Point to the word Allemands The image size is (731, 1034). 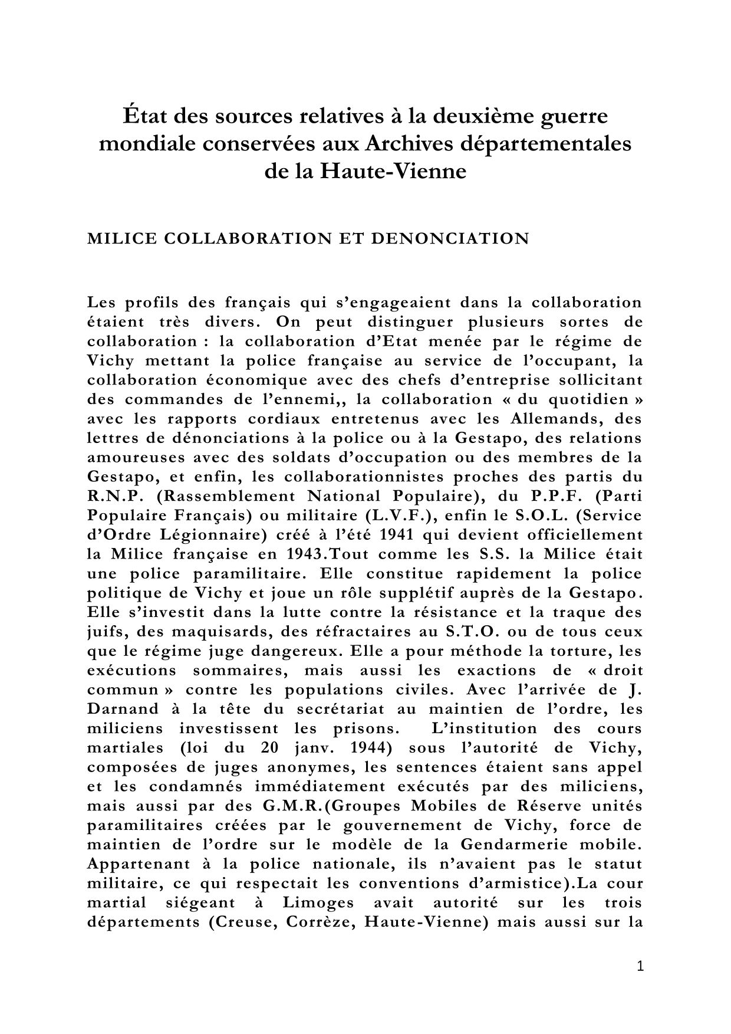click(562, 419)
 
